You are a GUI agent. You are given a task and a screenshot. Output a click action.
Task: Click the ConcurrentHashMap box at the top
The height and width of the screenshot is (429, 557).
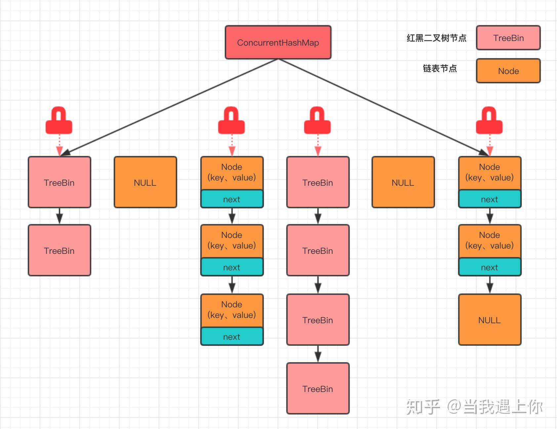click(278, 43)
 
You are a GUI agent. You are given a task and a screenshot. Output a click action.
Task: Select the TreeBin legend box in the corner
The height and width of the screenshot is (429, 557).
click(508, 38)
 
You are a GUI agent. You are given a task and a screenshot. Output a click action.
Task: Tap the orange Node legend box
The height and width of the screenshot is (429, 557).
click(508, 71)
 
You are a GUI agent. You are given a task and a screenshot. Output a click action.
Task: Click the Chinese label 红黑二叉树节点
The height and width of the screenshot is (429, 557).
click(436, 38)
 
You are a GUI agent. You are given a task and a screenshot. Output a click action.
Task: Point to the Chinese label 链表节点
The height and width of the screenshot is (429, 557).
click(440, 68)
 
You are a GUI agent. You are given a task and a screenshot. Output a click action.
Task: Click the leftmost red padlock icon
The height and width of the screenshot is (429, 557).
click(59, 121)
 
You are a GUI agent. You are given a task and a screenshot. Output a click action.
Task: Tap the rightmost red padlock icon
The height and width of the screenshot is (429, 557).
click(489, 121)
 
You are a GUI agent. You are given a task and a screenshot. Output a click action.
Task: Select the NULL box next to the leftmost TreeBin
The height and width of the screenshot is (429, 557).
click(145, 182)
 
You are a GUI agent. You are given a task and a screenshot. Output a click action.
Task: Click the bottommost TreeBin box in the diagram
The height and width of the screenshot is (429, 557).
click(318, 388)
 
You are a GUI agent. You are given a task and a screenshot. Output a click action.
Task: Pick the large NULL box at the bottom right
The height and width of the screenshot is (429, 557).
click(490, 320)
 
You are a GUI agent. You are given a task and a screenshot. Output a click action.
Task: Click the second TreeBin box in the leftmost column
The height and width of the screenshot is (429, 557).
click(59, 250)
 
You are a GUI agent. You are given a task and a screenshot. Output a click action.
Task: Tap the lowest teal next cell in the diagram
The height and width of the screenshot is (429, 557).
click(232, 337)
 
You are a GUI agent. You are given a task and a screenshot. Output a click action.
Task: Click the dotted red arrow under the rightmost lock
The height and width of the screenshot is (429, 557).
click(490, 145)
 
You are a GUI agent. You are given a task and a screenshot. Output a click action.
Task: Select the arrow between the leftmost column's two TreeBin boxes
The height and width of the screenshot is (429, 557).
click(60, 216)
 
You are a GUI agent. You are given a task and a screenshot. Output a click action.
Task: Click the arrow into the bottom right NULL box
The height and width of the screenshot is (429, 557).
click(490, 285)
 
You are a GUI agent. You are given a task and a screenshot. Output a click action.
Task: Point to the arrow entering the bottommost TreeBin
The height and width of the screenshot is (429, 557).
click(318, 354)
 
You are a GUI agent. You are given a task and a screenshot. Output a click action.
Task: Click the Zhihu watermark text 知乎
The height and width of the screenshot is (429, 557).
click(423, 407)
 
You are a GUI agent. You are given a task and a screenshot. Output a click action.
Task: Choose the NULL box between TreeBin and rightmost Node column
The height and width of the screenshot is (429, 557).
click(403, 182)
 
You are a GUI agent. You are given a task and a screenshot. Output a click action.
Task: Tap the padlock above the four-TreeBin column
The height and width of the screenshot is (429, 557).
click(317, 121)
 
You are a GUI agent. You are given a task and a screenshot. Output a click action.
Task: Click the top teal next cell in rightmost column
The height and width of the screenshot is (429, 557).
click(490, 199)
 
